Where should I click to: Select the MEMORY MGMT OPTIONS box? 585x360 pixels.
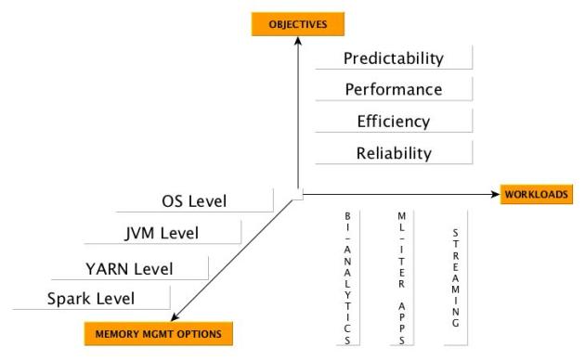coord(159,331)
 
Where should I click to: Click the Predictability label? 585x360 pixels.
coord(393,58)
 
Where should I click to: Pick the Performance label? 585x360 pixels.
coord(393,90)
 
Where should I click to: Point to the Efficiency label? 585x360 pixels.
coord(393,122)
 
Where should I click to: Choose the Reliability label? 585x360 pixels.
coord(393,152)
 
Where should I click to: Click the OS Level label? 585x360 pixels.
coord(193,200)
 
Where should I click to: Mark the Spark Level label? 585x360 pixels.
coord(91,299)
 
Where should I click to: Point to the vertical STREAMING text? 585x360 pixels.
coord(455,275)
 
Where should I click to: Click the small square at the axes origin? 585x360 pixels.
coord(297,194)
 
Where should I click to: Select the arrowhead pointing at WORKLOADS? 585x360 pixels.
coord(496,194)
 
